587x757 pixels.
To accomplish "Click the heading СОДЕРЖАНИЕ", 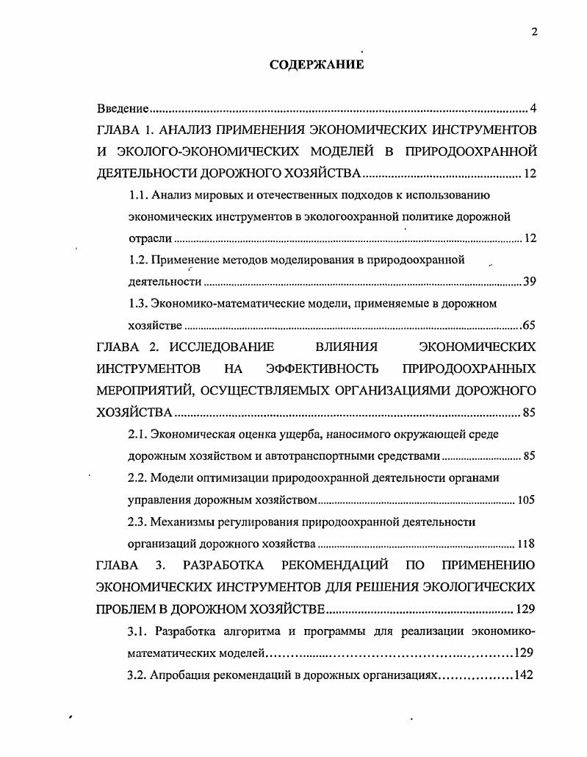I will coord(317,65).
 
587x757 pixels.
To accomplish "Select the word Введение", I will coord(123,109).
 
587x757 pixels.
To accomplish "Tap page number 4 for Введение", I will coord(533,109).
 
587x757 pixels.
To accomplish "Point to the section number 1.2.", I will coord(137,260).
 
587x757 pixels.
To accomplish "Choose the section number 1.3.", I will coord(137,303).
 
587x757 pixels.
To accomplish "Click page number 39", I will coord(529,282).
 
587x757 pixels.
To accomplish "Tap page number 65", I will coord(529,325).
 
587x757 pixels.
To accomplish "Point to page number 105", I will coord(526,500).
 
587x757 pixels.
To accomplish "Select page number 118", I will coord(526,544).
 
